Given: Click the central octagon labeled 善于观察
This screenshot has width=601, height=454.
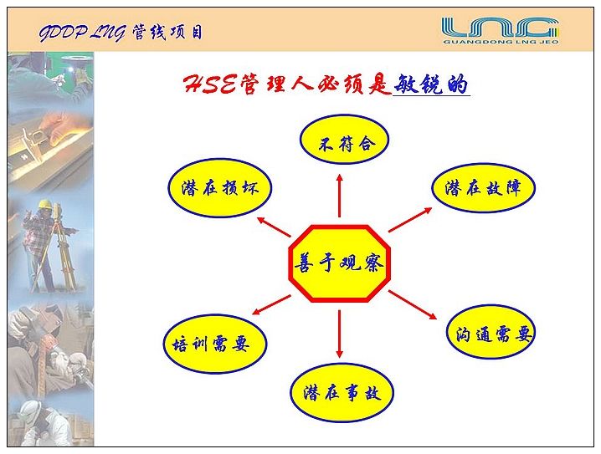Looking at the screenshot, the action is (x=339, y=263).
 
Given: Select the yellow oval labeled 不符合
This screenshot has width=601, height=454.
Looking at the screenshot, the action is (x=344, y=140).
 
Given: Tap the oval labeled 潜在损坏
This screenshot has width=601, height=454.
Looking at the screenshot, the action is (x=219, y=188).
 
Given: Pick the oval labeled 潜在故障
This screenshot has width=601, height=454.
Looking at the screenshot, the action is (x=483, y=187).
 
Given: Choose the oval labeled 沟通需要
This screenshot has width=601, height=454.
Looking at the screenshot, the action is (x=491, y=332).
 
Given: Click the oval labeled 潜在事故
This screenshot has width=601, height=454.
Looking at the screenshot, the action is (x=342, y=392).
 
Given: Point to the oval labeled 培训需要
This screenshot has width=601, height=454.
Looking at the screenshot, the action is (x=215, y=344).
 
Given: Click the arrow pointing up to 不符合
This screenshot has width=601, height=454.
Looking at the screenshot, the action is (x=340, y=195).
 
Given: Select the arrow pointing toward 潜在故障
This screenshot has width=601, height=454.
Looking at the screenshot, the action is (x=410, y=220).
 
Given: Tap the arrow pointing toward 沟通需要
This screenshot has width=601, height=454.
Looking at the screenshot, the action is (x=413, y=304).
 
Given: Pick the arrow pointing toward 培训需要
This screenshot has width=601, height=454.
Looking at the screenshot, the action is (x=271, y=304).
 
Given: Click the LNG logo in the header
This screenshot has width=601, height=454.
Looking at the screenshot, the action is (x=501, y=28).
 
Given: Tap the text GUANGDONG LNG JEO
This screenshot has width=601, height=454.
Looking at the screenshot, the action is (x=501, y=42).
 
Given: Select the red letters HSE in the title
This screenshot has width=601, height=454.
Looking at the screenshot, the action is (x=210, y=84).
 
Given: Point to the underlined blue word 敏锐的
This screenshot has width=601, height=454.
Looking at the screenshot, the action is (x=431, y=84).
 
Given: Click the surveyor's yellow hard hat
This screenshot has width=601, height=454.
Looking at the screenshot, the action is (x=45, y=204).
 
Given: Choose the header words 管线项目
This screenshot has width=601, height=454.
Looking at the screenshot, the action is (x=167, y=32).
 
